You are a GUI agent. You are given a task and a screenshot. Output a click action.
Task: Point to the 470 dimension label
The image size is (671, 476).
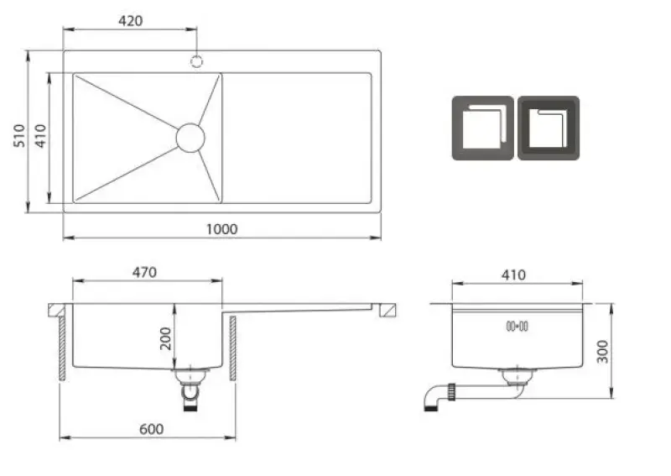click(x=145, y=272)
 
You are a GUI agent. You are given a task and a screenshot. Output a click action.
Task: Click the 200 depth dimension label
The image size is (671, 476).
click(x=165, y=338)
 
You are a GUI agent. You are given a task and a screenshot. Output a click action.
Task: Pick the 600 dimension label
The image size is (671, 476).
click(x=150, y=429)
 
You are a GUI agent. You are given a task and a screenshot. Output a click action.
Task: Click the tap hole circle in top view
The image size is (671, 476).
click(x=197, y=60)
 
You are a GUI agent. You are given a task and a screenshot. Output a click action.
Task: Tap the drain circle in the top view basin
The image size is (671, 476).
click(x=190, y=137)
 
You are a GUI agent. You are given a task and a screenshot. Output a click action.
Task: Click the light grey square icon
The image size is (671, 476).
click(x=482, y=128)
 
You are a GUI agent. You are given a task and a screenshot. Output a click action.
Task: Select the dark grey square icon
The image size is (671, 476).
click(x=548, y=128)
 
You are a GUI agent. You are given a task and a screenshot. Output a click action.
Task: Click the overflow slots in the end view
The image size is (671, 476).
click(x=514, y=326)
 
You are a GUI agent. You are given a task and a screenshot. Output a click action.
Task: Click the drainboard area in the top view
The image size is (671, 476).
click(x=297, y=137)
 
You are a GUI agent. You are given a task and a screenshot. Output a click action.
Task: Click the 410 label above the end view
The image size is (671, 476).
click(x=512, y=275)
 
